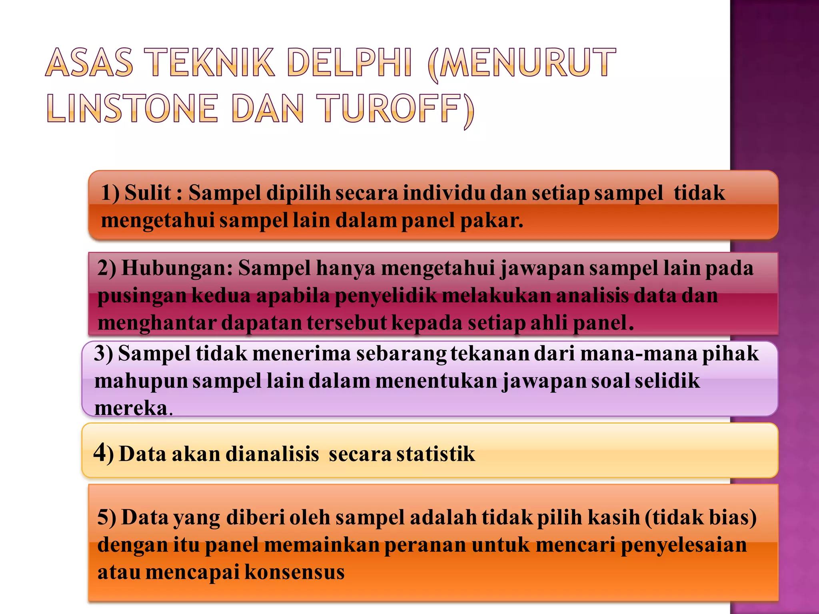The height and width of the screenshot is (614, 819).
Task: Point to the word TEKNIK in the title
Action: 212,63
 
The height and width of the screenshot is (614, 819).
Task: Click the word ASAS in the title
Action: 89,63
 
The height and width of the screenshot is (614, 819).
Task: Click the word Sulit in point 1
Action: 148,193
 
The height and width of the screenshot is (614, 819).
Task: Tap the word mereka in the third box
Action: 131,408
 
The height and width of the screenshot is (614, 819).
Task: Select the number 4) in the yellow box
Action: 104,453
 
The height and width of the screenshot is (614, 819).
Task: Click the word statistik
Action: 435,454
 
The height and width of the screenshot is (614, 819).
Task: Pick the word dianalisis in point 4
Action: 272,454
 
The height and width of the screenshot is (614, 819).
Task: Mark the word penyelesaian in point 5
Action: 683,545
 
